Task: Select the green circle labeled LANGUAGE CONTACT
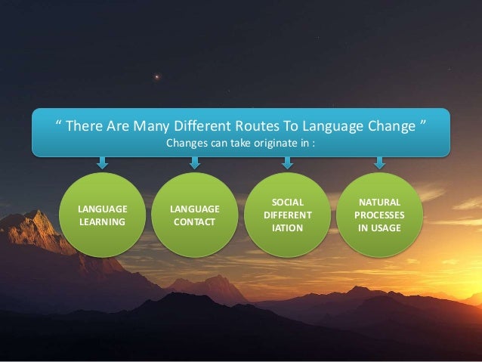pyautogui.click(x=195, y=215)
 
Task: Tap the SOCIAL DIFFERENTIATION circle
pyautogui.click(x=287, y=215)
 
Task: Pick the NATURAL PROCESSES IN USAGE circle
pyautogui.click(x=379, y=215)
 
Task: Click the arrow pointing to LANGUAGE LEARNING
pyautogui.click(x=103, y=162)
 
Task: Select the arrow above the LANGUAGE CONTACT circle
pyautogui.click(x=195, y=162)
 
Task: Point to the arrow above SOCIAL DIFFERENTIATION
pyautogui.click(x=287, y=162)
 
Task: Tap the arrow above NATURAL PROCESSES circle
pyautogui.click(x=379, y=162)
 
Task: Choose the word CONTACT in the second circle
pyautogui.click(x=195, y=222)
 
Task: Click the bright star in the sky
pyautogui.click(x=157, y=76)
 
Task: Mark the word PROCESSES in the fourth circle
pyautogui.click(x=380, y=215)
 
